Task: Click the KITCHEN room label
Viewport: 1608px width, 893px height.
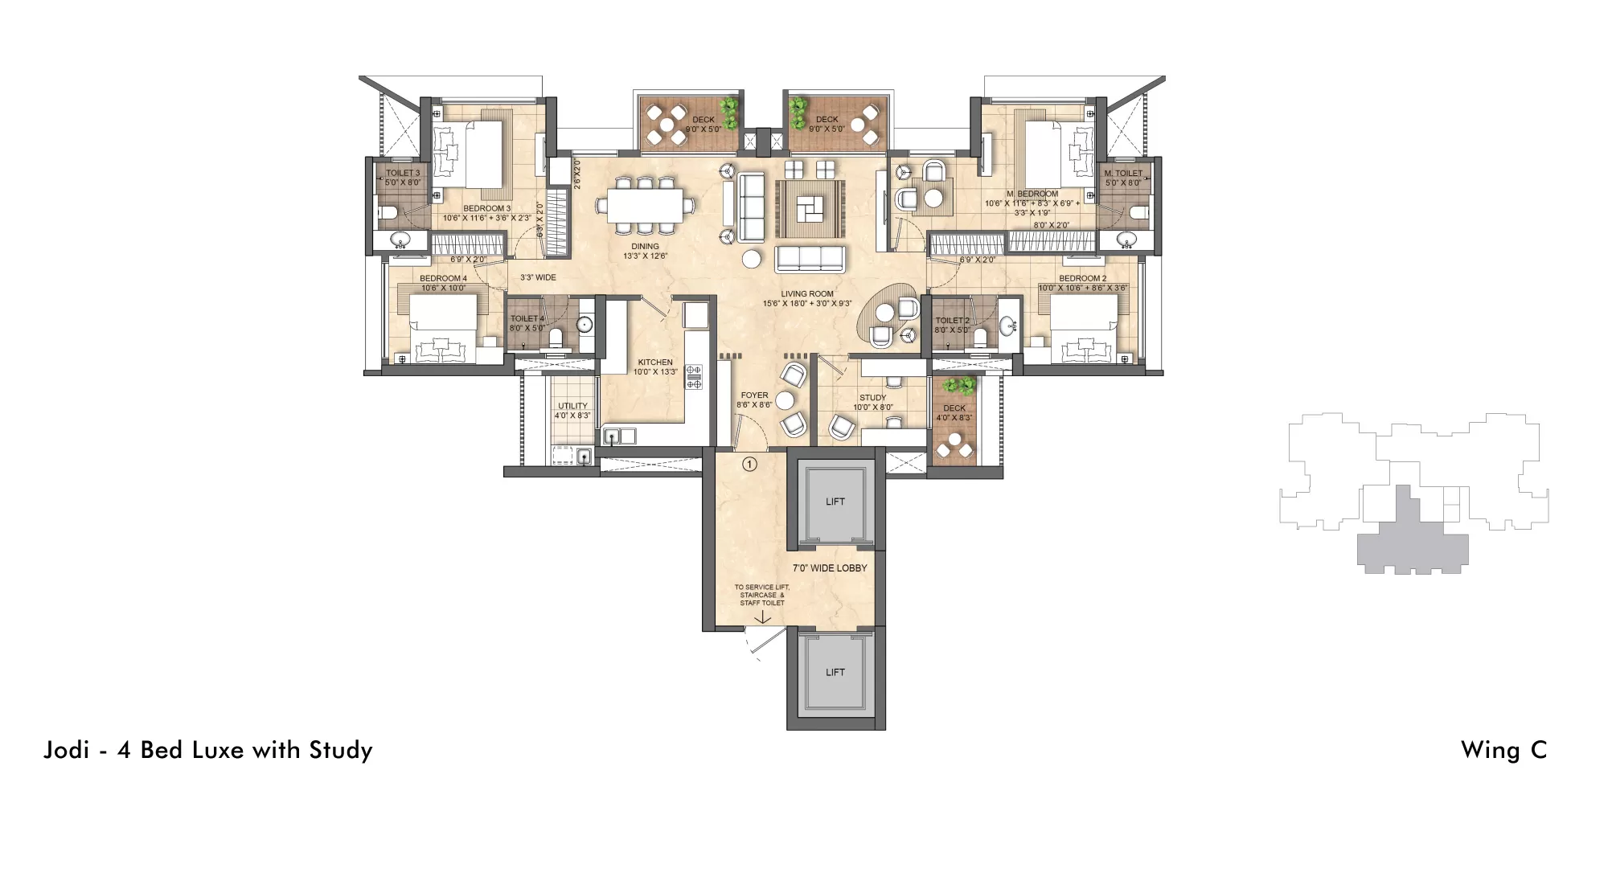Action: pos(655,363)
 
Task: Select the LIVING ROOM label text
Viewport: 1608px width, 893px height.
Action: pos(807,294)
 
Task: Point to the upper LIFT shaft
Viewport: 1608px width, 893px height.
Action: pos(835,502)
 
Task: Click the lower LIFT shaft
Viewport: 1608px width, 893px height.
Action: pos(835,672)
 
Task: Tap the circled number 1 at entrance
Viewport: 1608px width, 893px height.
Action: pos(749,464)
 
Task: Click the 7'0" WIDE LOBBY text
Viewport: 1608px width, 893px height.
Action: pos(830,567)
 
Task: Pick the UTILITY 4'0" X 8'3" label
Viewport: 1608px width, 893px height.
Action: pos(572,411)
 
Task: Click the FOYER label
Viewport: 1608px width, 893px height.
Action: pos(754,395)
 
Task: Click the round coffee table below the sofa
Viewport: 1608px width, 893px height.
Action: pos(752,258)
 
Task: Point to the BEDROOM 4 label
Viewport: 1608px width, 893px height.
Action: pos(443,279)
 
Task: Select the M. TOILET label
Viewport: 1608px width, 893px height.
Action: pos(1123,174)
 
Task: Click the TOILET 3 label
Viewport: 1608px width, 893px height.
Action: pos(403,173)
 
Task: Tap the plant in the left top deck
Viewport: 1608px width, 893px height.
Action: pos(730,113)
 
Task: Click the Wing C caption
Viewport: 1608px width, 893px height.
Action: pos(1503,750)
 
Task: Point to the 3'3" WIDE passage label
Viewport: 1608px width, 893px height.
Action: pos(538,277)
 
